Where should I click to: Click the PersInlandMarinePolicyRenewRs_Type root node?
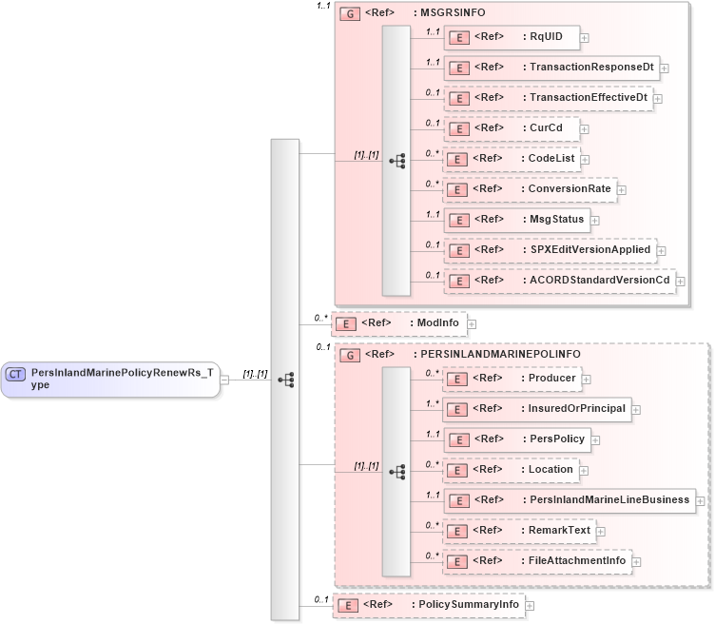110,379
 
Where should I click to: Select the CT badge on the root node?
16,374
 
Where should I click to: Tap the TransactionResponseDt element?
551,68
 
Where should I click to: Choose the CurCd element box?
512,128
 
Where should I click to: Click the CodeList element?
512,159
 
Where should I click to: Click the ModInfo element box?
399,323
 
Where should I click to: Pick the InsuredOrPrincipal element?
537,408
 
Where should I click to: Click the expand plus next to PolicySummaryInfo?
530,605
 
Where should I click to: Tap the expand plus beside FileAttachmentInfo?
636,561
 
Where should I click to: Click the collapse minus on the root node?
224,380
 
